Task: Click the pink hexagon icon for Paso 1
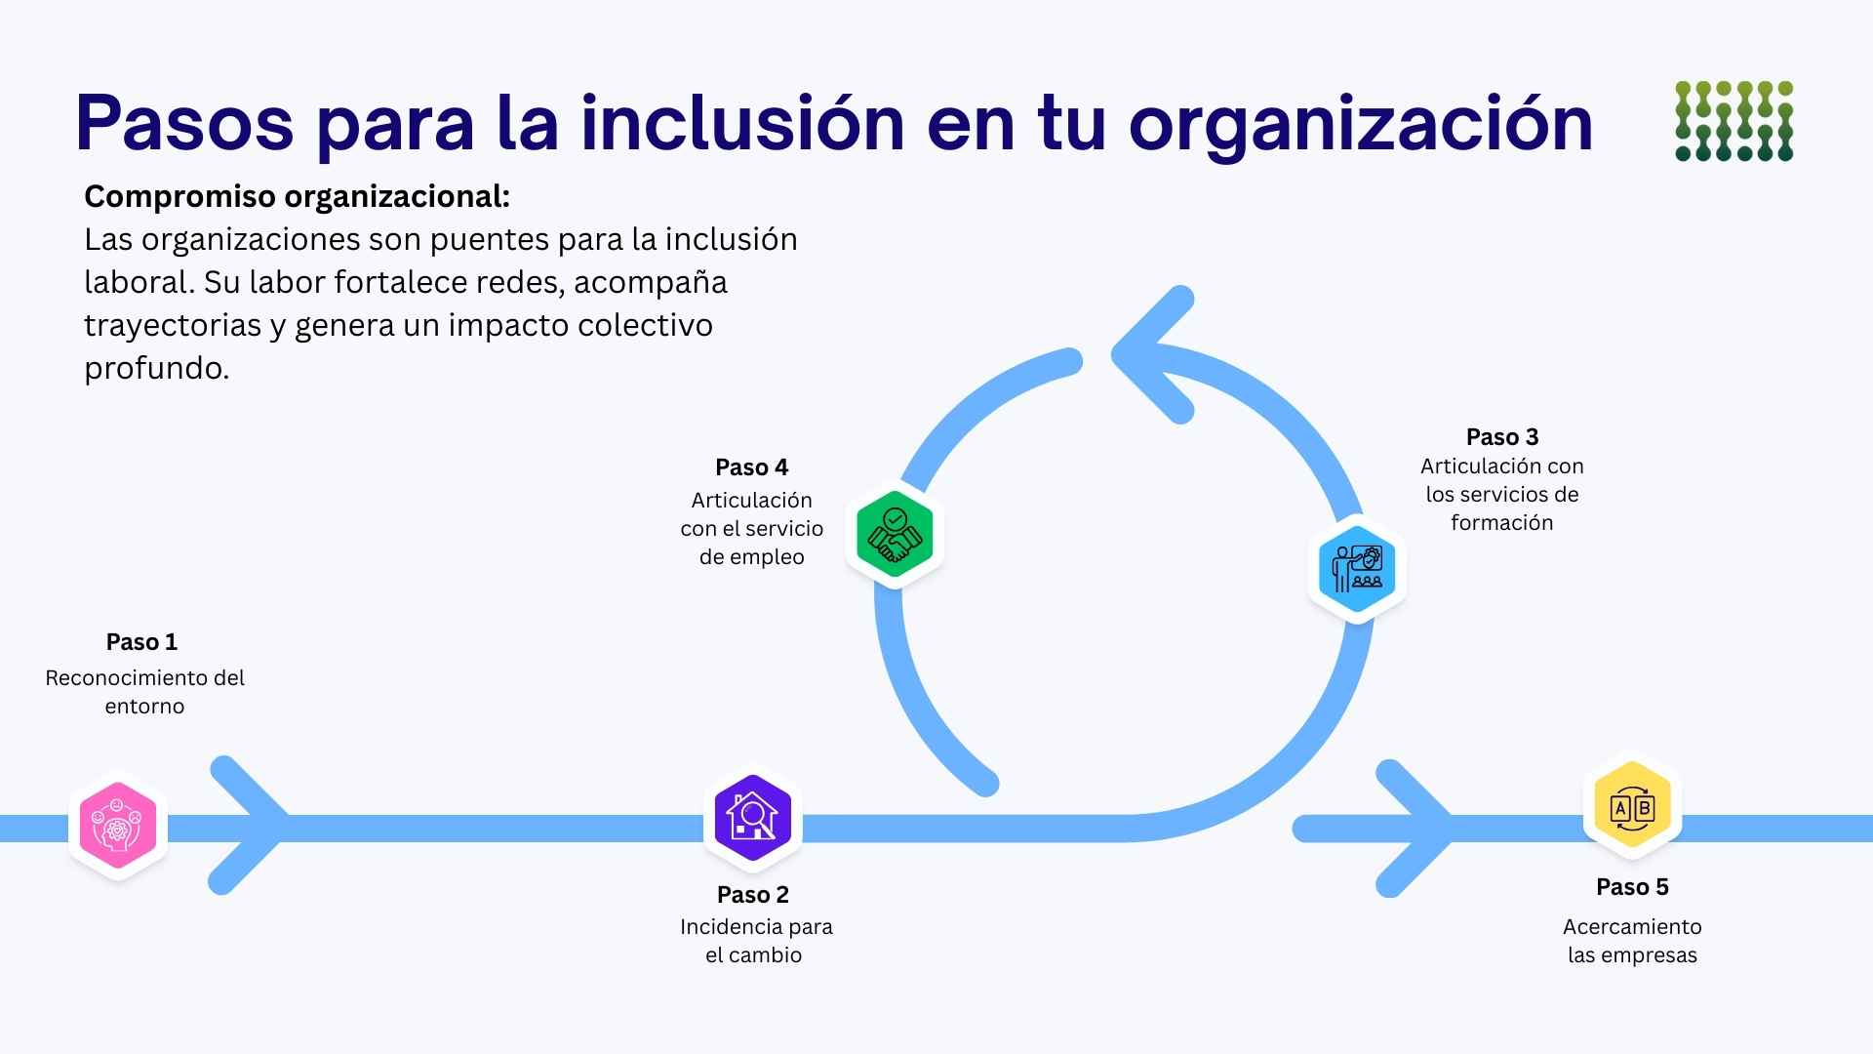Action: click(x=118, y=827)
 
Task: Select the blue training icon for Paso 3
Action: click(x=1356, y=569)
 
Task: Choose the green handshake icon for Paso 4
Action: click(x=894, y=534)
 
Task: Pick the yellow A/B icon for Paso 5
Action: click(x=1631, y=808)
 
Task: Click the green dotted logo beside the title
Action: click(x=1734, y=121)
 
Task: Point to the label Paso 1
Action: click(x=141, y=642)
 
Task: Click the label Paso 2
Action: click(x=752, y=895)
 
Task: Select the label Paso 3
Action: click(x=1502, y=437)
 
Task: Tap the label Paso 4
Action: click(x=751, y=467)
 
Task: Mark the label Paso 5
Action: click(x=1632, y=887)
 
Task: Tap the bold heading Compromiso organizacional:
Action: click(x=297, y=197)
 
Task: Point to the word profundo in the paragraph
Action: click(x=156, y=368)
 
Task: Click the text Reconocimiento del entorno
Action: click(x=144, y=691)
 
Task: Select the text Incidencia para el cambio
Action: click(x=755, y=941)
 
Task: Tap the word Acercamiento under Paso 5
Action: click(x=1631, y=927)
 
